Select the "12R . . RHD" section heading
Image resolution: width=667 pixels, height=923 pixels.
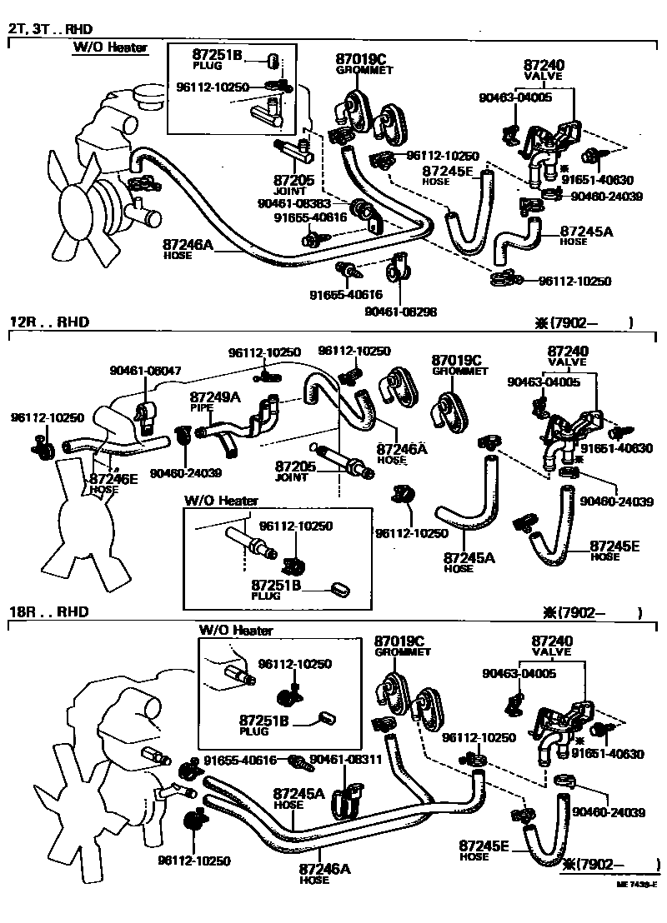49,322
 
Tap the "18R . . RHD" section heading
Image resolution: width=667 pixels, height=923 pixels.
49,611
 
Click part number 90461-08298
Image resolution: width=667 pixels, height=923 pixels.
401,312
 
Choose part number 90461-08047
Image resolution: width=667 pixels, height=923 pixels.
145,370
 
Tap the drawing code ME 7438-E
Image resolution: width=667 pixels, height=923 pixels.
637,908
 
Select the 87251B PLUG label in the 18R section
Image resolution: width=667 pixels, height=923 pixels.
266,725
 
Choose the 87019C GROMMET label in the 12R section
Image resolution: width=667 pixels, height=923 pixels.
459,365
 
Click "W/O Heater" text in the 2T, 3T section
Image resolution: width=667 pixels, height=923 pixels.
109,47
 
